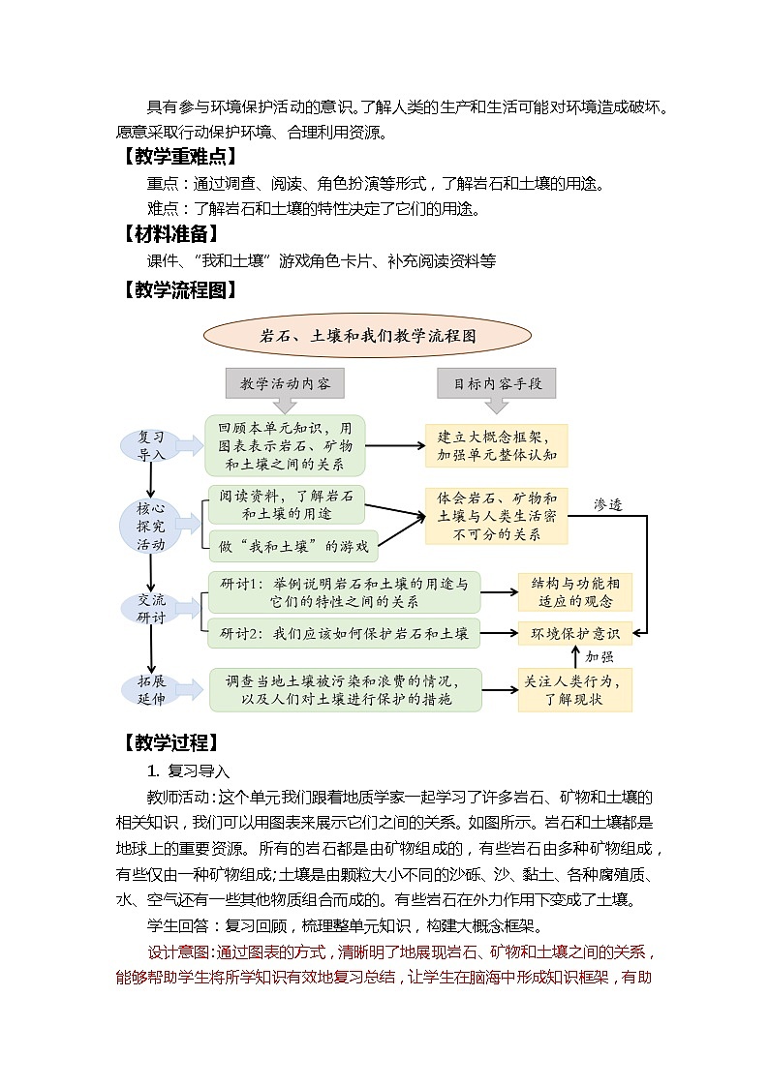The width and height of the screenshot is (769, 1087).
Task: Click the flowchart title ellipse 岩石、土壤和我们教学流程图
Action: [368, 336]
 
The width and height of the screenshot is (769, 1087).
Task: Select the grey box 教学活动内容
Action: [285, 383]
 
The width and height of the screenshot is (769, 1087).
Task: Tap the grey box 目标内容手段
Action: [497, 383]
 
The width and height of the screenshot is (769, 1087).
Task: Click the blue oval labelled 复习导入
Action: [151, 445]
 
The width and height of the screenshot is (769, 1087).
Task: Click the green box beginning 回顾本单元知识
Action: [285, 445]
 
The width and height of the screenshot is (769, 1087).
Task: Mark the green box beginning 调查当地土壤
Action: [346, 689]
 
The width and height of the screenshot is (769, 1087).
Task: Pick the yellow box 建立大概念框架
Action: [496, 445]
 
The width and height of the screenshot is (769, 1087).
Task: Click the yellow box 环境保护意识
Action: [574, 634]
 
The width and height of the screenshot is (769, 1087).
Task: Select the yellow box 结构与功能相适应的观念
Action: [574, 592]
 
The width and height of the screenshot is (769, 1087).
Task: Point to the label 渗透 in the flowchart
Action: [607, 504]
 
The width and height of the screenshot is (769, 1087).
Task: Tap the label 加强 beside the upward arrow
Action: [600, 656]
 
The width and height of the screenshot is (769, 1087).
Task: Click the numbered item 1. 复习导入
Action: [188, 771]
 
